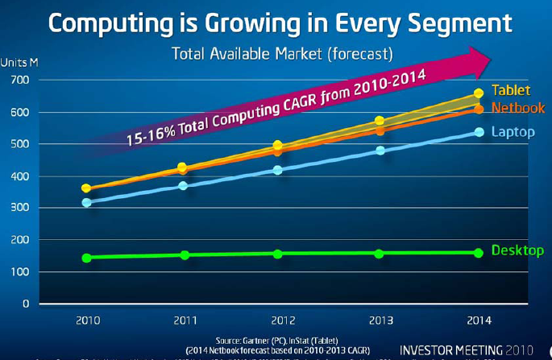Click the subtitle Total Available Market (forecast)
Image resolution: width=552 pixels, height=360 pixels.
[x=282, y=54]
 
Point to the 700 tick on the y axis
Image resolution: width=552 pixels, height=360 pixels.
[x=19, y=81]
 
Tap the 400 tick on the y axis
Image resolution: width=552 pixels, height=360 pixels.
[x=19, y=176]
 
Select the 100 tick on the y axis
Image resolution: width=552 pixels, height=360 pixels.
[x=19, y=272]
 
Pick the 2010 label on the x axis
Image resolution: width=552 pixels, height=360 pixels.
[x=87, y=320]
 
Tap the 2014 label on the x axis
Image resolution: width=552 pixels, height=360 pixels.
[x=478, y=320]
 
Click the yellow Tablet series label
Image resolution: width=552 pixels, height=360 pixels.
[x=511, y=90]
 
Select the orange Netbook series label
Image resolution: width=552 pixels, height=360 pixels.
[x=517, y=108]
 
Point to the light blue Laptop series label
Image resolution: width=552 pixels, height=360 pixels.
[x=513, y=131]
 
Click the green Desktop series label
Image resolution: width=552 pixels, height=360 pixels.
[x=517, y=250]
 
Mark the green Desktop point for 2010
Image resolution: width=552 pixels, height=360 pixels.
[x=86, y=258]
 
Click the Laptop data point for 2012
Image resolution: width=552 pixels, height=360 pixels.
[x=278, y=170]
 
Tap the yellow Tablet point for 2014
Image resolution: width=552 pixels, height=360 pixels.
[x=479, y=93]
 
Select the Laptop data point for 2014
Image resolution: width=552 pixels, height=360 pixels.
[x=479, y=131]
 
